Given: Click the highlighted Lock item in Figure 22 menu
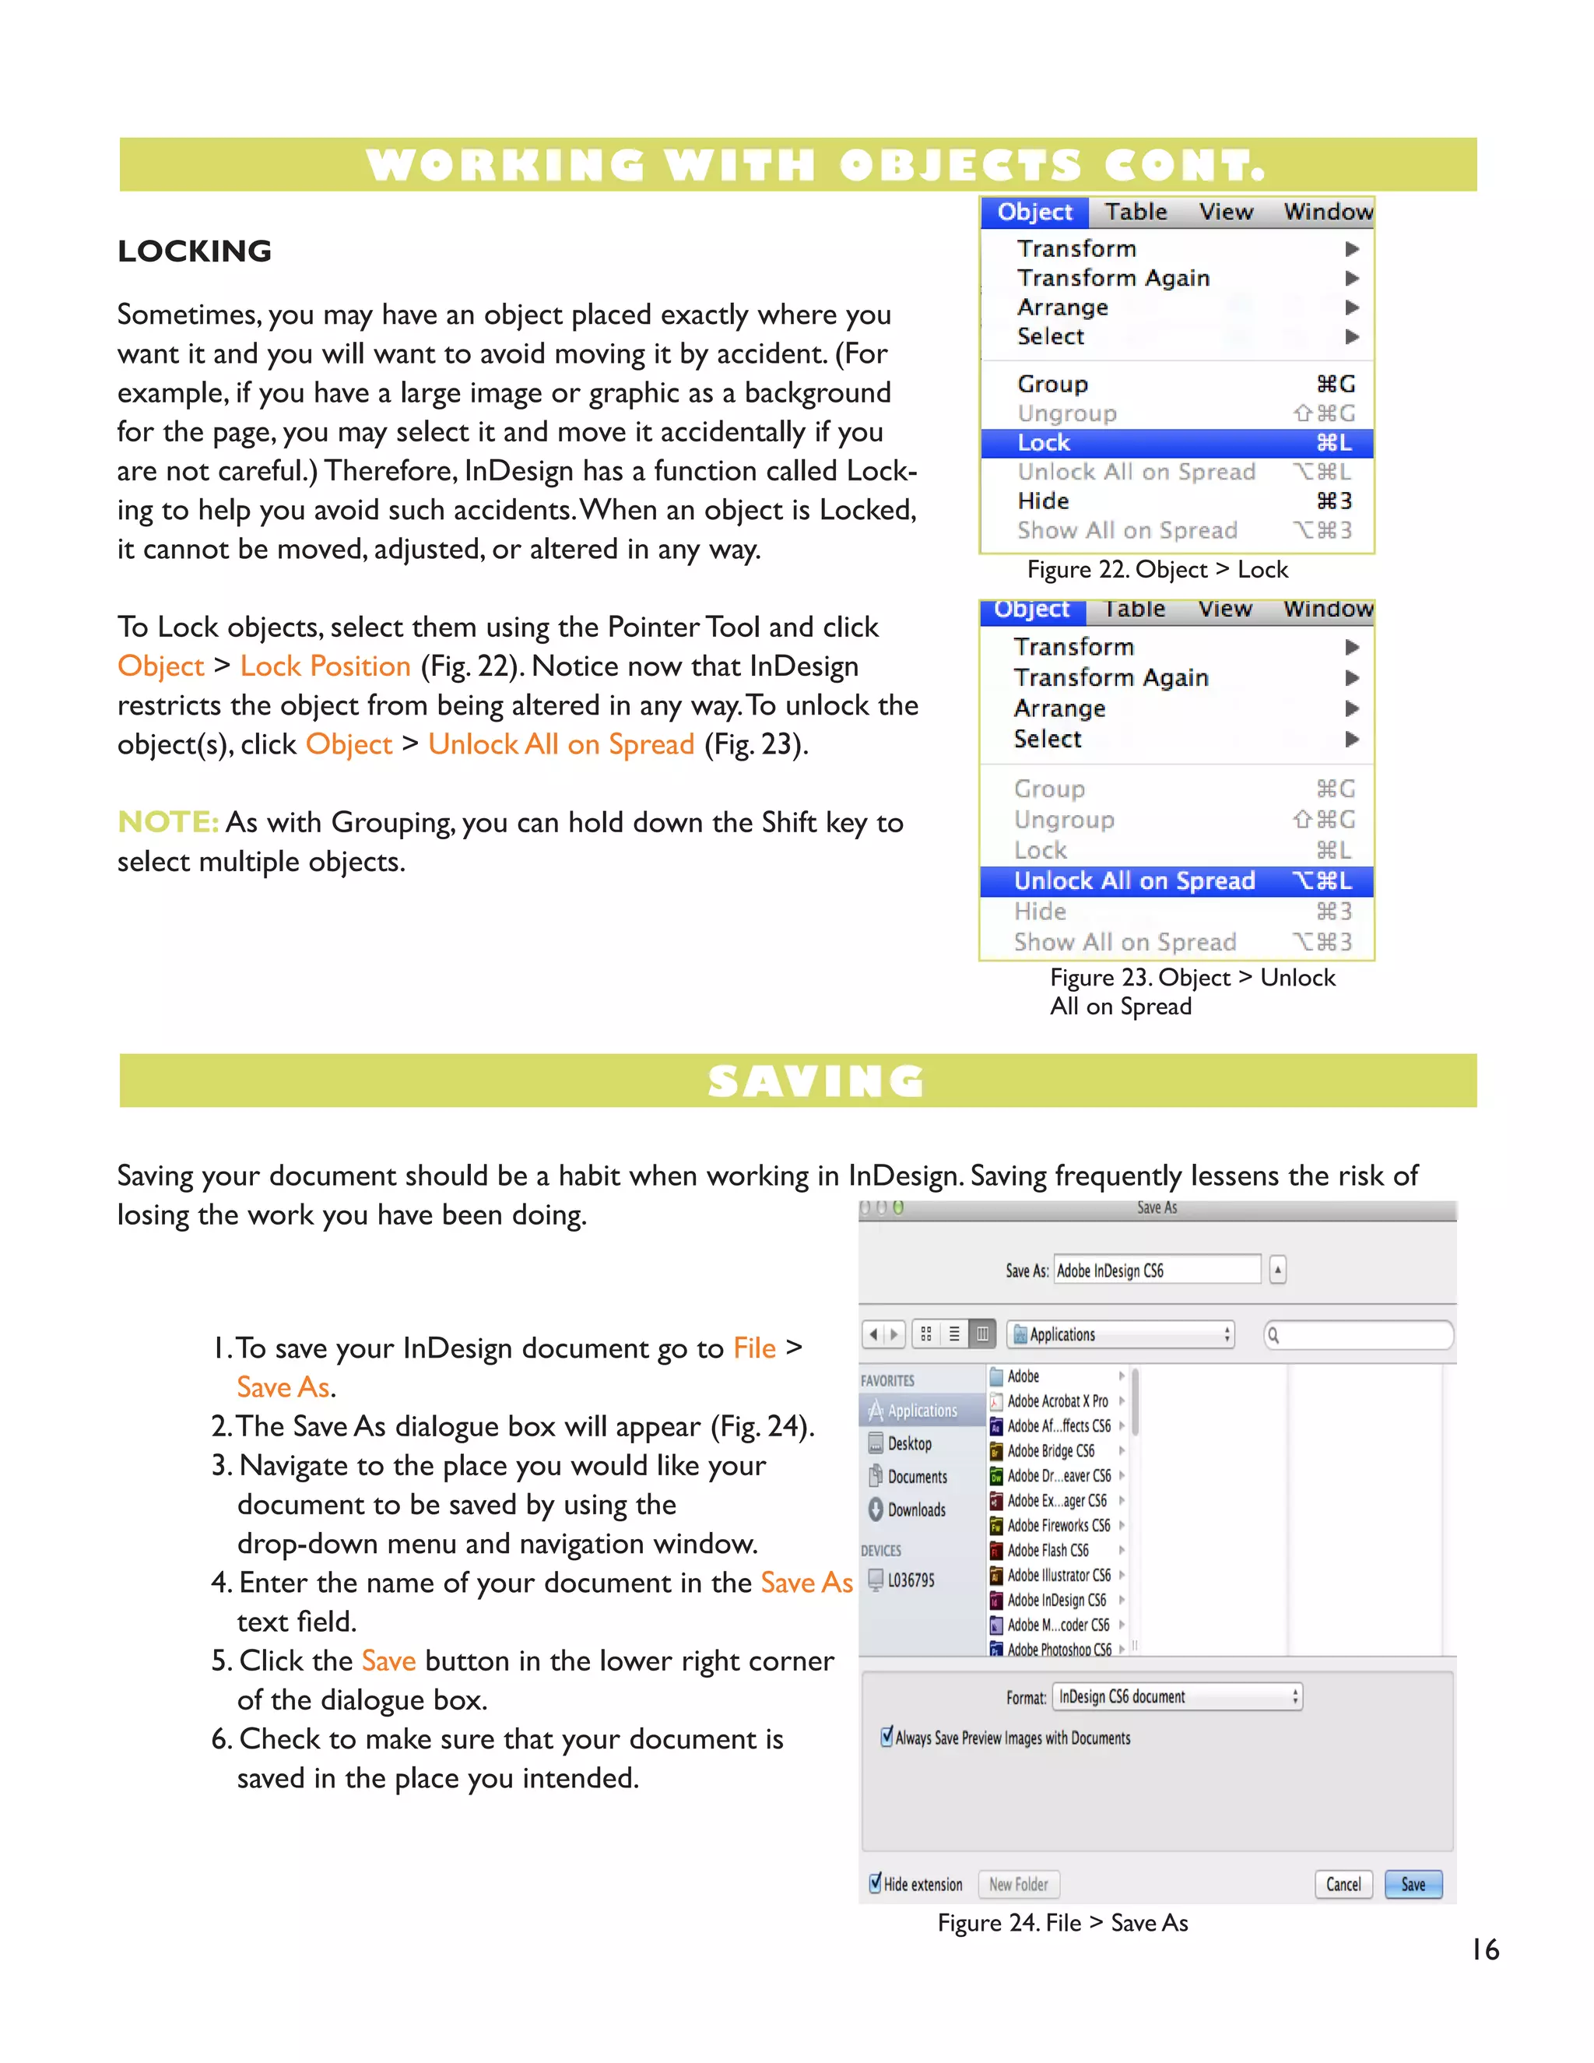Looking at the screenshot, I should pyautogui.click(x=1176, y=443).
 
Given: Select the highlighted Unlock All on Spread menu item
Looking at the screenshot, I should pyautogui.click(x=1176, y=881).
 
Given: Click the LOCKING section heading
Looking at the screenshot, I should pyautogui.click(x=195, y=251).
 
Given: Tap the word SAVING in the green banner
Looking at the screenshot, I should pyautogui.click(x=816, y=1081).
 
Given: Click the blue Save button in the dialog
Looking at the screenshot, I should pyautogui.click(x=1413, y=1885).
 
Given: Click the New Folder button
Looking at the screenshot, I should pyautogui.click(x=1018, y=1885).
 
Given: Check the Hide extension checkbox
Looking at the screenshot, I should pyautogui.click(x=876, y=1883).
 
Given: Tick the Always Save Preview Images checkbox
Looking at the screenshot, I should pyautogui.click(x=887, y=1736).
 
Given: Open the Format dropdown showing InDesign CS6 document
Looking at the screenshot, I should pyautogui.click(x=1177, y=1696).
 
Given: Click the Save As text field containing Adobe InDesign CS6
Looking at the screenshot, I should pyautogui.click(x=1156, y=1270).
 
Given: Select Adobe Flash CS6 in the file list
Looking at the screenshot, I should pyautogui.click(x=1048, y=1550).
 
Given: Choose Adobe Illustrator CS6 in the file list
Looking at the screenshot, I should pyautogui.click(x=1058, y=1575).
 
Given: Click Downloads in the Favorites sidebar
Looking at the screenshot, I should pyautogui.click(x=915, y=1509).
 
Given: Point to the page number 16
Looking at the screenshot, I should pyautogui.click(x=1484, y=1949).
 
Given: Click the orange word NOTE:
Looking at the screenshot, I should pyautogui.click(x=168, y=822).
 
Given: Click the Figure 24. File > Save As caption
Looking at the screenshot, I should pyautogui.click(x=1062, y=1923).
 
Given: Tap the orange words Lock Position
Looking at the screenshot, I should pyautogui.click(x=325, y=666).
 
